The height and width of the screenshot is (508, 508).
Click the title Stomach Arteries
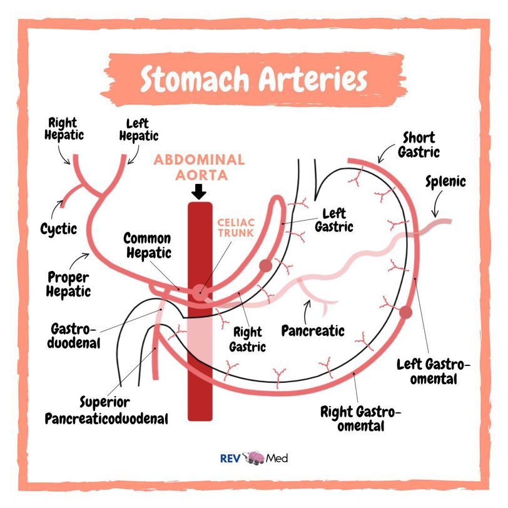click(253, 80)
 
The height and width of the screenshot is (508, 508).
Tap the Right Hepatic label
click(64, 128)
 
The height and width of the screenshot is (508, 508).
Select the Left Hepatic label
click(138, 130)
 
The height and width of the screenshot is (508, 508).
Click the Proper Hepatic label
click(69, 283)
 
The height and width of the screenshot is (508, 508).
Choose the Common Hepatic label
click(147, 245)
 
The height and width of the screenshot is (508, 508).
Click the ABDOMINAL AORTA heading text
click(199, 166)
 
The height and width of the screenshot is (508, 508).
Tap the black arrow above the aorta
click(199, 190)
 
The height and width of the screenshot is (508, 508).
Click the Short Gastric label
click(420, 144)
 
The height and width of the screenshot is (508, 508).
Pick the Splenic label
click(445, 182)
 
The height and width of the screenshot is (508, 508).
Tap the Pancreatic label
click(312, 330)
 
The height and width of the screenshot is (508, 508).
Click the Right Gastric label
click(248, 340)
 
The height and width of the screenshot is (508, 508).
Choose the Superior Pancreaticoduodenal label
click(106, 410)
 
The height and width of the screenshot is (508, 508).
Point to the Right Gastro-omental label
click(360, 419)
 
